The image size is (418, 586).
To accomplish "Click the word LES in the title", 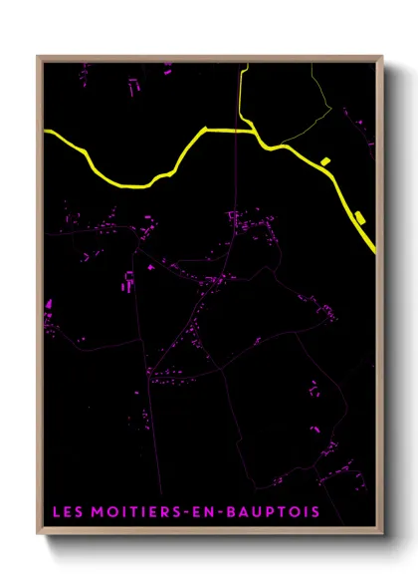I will tap(67, 513).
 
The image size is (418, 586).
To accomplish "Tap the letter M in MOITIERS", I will tap(97, 513).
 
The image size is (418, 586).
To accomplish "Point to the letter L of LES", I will tap(55, 513).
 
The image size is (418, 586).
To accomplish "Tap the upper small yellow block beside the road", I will tap(324, 160).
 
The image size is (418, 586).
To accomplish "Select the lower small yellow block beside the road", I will tap(359, 217).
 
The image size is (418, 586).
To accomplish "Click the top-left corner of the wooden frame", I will tap(38, 57).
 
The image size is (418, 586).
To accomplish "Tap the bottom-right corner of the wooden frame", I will tap(382, 535).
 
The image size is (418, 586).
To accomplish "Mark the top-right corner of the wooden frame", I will tap(382, 57).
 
